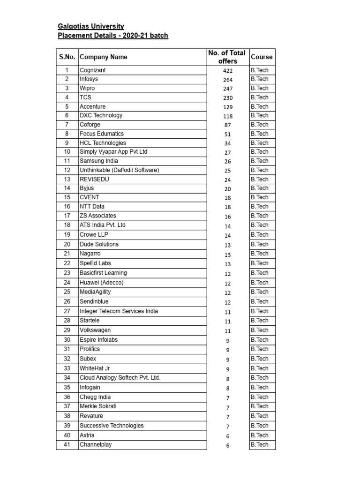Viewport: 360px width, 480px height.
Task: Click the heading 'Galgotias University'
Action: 91,26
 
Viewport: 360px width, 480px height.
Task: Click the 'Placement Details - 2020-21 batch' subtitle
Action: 112,36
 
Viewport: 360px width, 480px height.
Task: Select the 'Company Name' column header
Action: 103,57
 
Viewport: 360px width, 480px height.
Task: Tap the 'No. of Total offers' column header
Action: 227,57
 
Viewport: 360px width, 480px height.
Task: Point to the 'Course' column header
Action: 262,57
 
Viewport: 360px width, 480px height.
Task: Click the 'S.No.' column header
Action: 67,57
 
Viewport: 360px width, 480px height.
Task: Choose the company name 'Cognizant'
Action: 93,70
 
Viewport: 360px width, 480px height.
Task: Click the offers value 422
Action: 228,71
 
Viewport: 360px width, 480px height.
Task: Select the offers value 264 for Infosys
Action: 228,80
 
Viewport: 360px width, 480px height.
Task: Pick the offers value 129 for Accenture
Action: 228,107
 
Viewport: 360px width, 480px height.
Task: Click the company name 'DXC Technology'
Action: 101,115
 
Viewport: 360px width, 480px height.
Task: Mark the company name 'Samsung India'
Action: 98,161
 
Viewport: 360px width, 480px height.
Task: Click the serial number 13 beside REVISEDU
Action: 67,179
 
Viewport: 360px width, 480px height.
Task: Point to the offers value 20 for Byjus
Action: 228,188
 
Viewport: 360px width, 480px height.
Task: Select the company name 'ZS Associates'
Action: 98,216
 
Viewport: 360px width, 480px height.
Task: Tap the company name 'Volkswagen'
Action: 95,330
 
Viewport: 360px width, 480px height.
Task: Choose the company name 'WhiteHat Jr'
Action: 95,368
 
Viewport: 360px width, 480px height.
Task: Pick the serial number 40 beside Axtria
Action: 67,435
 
